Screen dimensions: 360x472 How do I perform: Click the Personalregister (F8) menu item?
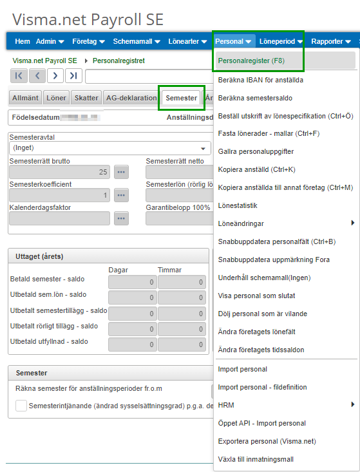[251, 61]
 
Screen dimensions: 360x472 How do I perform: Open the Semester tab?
[181, 98]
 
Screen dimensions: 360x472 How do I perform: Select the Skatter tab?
[86, 98]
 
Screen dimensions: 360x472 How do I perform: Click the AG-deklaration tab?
[131, 98]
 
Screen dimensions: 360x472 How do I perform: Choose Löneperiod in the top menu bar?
[281, 41]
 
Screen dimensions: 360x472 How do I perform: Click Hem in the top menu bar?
[22, 41]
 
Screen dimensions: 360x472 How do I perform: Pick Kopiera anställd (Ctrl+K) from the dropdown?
[256, 169]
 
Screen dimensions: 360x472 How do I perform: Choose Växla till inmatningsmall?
[256, 459]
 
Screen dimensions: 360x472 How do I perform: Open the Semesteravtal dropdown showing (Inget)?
[109, 147]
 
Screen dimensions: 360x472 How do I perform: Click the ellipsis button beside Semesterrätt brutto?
[121, 172]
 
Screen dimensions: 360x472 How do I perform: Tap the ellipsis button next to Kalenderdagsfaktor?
[121, 218]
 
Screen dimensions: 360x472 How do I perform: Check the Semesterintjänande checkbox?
[21, 406]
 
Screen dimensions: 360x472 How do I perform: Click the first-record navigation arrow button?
[19, 76]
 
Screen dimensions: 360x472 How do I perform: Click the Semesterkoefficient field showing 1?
[59, 195]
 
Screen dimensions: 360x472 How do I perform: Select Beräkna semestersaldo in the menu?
[255, 99]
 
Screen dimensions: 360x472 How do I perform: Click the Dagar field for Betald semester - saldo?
[132, 281]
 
